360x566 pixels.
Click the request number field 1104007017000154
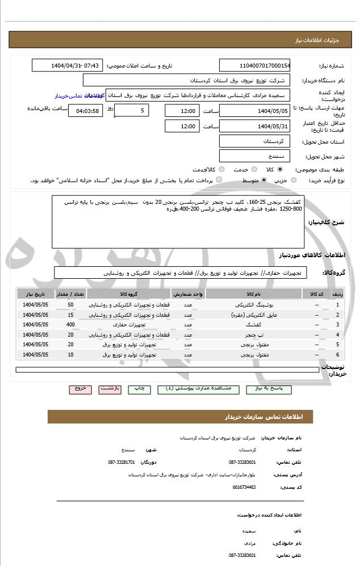tap(254, 65)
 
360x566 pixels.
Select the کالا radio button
tap(280, 169)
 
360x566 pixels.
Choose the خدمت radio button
tap(253, 169)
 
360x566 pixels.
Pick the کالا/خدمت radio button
tap(221, 169)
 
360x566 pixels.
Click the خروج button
tap(80, 389)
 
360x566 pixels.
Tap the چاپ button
tap(139, 389)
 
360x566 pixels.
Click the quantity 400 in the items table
tap(70, 324)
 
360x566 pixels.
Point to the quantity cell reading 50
tap(70, 305)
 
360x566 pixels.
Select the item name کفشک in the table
tap(254, 324)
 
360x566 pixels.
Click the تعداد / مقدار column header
tap(70, 295)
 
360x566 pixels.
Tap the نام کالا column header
tap(254, 295)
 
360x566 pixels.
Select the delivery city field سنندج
tap(254, 155)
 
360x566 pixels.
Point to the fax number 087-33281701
tap(122, 462)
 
